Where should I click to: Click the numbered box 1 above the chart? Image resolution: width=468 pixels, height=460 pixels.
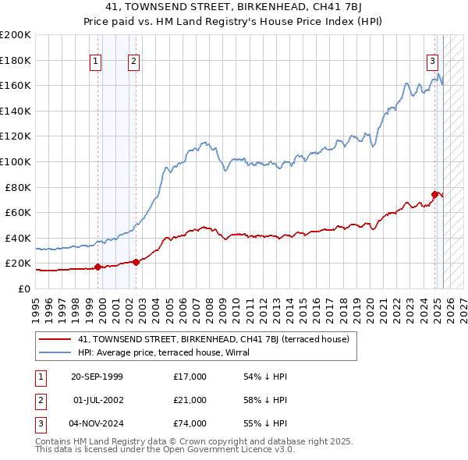click(x=95, y=62)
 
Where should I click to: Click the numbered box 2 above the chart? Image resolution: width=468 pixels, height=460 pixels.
click(x=133, y=62)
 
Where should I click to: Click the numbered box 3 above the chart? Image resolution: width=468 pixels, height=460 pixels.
click(x=432, y=62)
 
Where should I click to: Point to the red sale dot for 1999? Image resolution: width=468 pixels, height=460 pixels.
click(x=97, y=267)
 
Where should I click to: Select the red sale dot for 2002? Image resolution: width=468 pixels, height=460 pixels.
click(x=136, y=262)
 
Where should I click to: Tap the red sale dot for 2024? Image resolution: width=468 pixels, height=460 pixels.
click(x=435, y=194)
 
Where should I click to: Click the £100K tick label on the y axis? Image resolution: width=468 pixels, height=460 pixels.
click(x=16, y=161)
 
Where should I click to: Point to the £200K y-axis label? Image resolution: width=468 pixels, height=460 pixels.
click(x=16, y=35)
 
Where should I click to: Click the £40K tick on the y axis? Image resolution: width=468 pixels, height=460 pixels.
click(x=18, y=238)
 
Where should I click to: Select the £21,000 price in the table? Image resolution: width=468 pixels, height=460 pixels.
click(x=190, y=400)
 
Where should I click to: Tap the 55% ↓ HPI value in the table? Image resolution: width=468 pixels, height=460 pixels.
click(x=265, y=423)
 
